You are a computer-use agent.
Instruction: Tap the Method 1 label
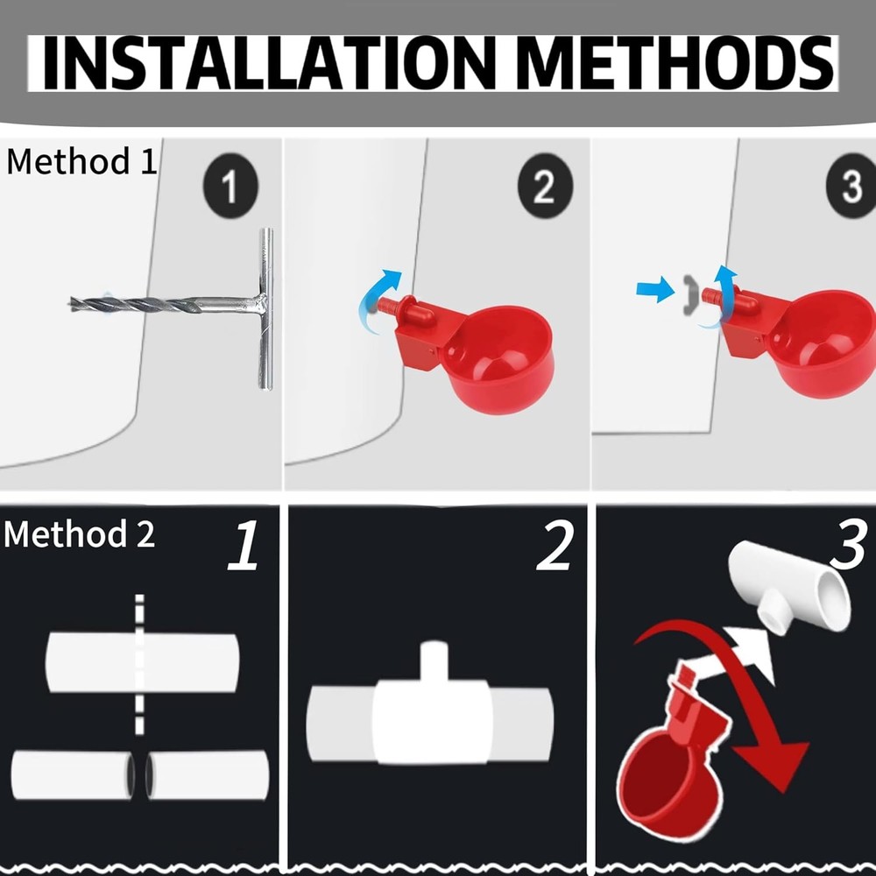(x=81, y=162)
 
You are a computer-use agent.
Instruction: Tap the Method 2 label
(x=80, y=533)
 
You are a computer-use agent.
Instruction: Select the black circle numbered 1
(x=230, y=187)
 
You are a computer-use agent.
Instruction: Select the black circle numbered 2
(x=545, y=186)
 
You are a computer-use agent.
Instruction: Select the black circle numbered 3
(x=851, y=186)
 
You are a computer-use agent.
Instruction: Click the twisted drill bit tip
(x=73, y=304)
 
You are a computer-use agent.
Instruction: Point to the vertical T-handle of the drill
(x=265, y=309)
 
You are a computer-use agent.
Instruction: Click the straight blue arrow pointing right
(x=656, y=289)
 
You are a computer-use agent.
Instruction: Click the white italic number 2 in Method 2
(x=555, y=546)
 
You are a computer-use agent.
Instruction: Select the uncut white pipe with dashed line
(x=143, y=662)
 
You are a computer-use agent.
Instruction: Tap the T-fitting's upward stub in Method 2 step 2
(x=434, y=662)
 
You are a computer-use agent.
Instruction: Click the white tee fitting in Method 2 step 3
(x=790, y=587)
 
